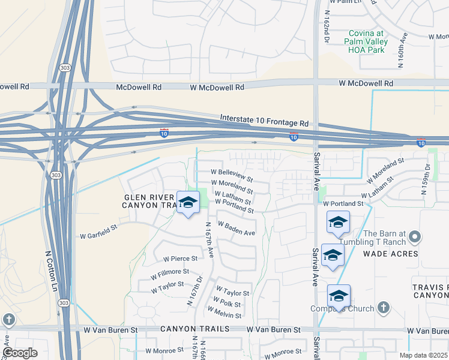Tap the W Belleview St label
click(x=232, y=175)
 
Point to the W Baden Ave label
click(x=237, y=229)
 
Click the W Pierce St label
click(x=180, y=259)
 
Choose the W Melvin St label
click(x=224, y=314)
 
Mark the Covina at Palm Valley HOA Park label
click(x=366, y=41)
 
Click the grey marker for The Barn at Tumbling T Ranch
click(x=414, y=238)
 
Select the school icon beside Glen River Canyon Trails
click(x=188, y=202)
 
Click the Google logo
click(x=20, y=353)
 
